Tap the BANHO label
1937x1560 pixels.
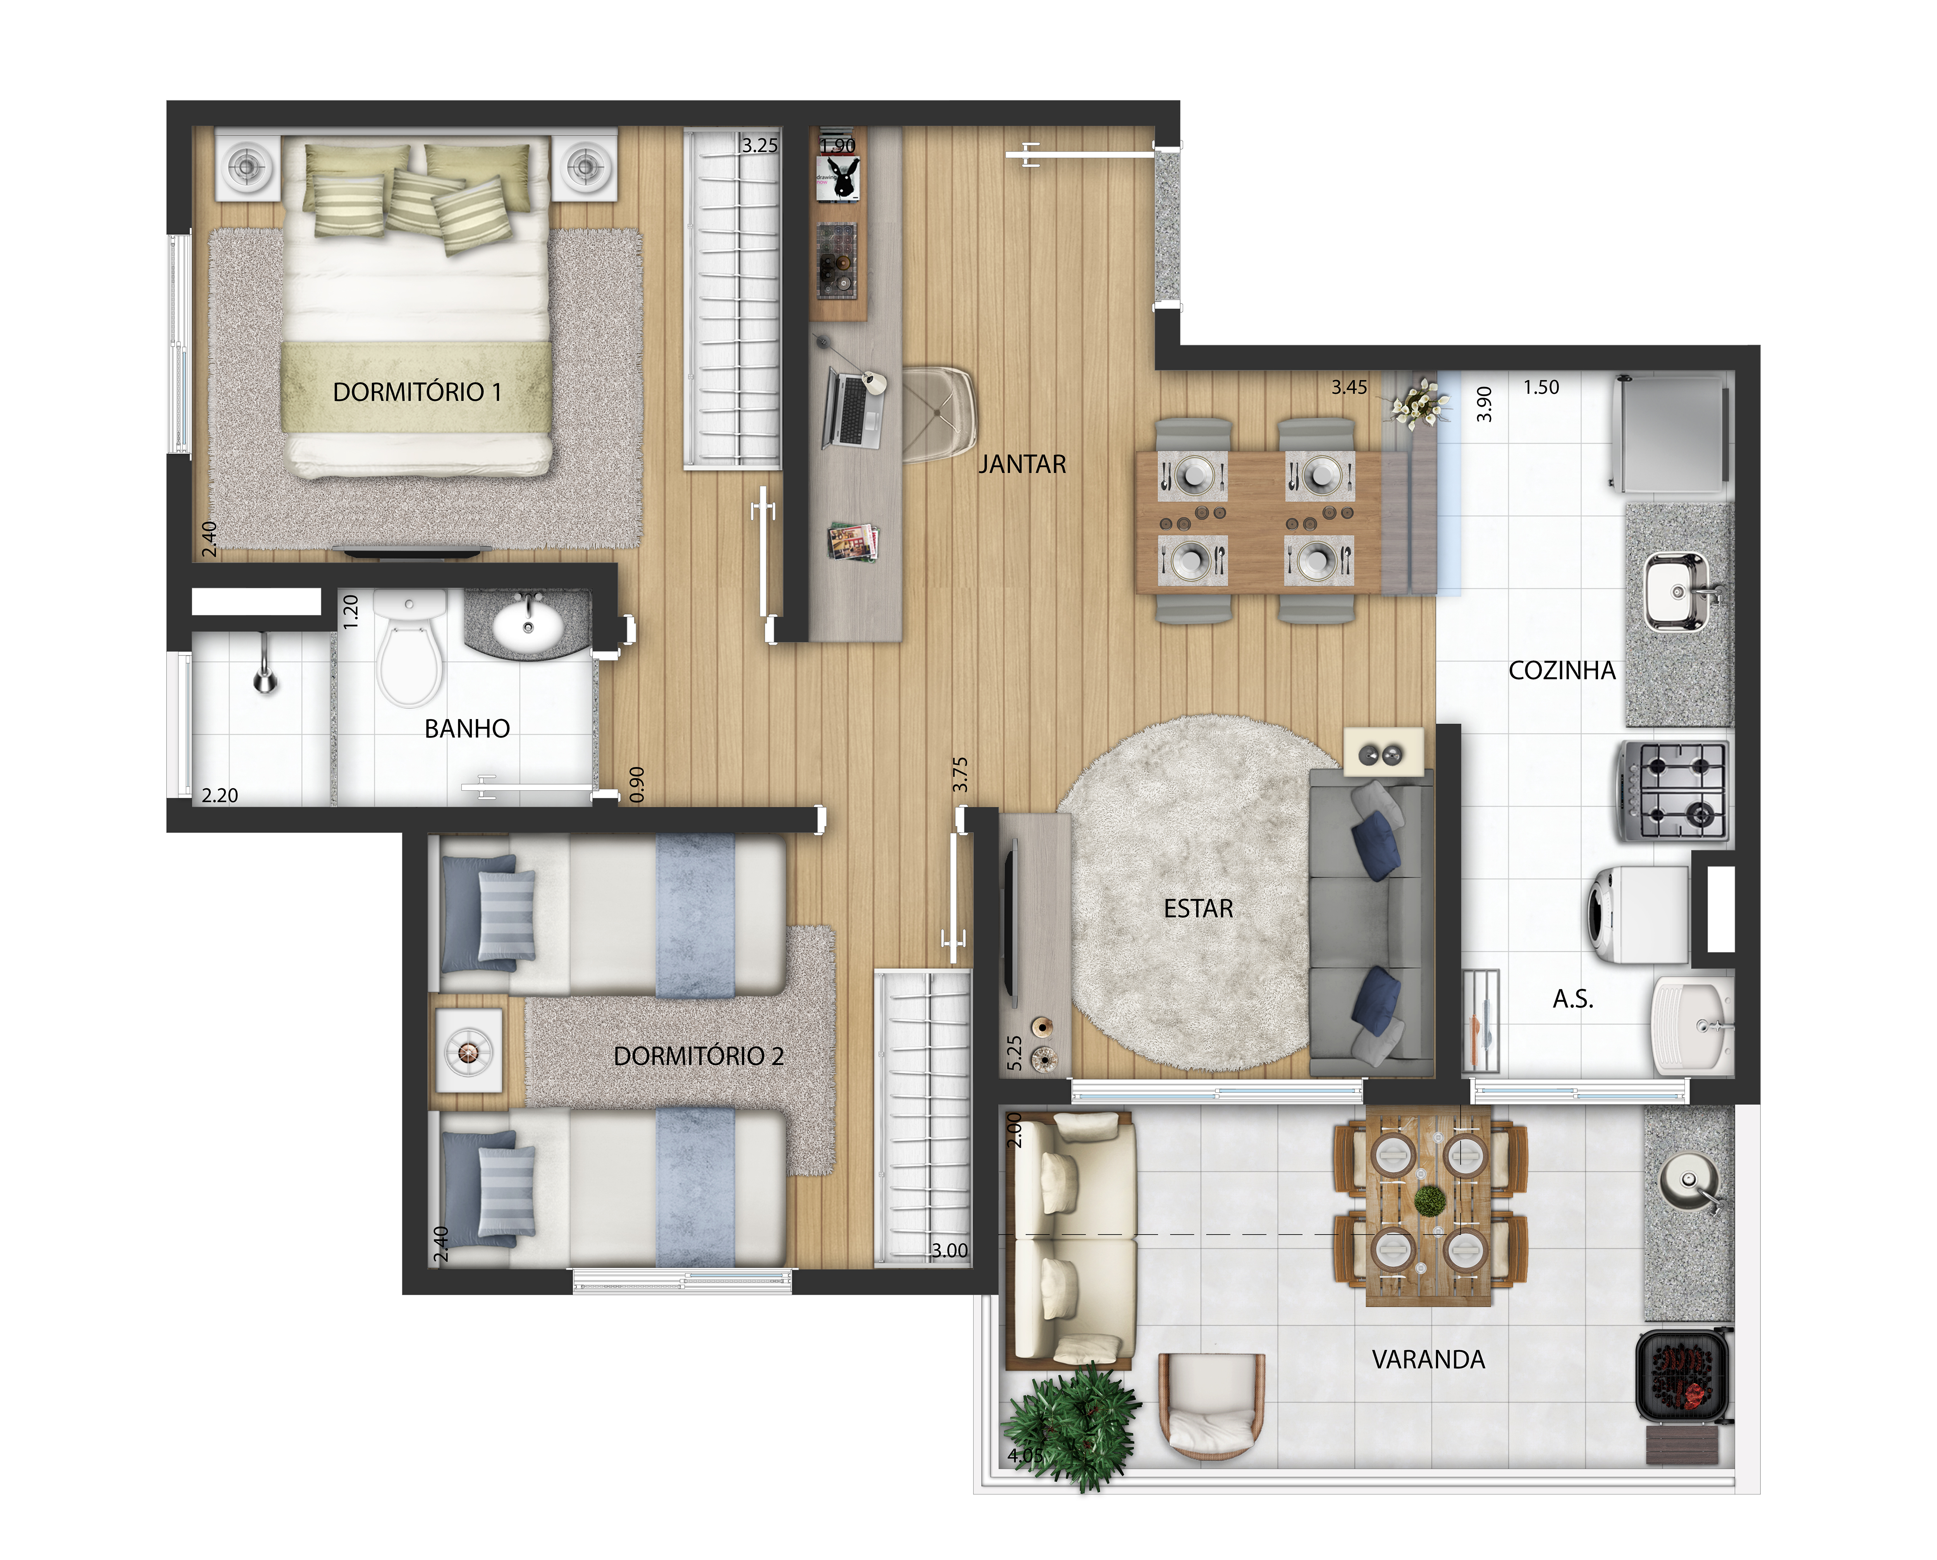click(467, 729)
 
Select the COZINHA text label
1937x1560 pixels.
click(1562, 670)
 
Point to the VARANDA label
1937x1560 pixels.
click(1428, 1359)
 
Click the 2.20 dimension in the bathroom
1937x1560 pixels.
click(219, 795)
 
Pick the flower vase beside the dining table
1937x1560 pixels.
click(1418, 402)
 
